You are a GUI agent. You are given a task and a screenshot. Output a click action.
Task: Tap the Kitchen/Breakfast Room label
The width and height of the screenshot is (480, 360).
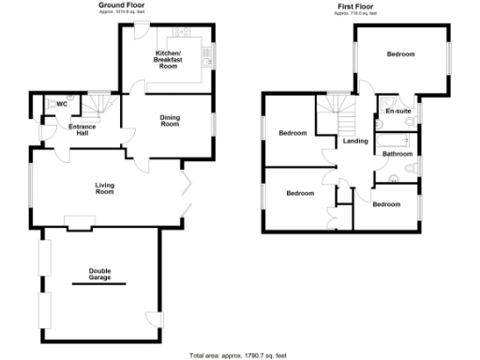tap(167, 61)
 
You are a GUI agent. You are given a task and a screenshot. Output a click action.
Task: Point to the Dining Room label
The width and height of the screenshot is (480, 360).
tap(170, 121)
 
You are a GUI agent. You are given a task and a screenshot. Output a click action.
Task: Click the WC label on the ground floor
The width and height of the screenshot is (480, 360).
tap(63, 103)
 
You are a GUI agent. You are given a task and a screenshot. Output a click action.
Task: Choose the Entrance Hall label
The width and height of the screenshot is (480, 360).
tap(82, 129)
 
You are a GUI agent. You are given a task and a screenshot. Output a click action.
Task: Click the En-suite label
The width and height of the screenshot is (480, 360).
tap(398, 111)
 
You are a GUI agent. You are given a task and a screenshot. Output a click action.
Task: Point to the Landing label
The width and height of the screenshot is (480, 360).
tap(354, 142)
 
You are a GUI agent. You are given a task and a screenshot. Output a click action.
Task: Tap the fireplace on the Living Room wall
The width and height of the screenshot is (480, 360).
tap(80, 223)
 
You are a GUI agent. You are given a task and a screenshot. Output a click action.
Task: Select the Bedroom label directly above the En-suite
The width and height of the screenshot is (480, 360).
tap(401, 54)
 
